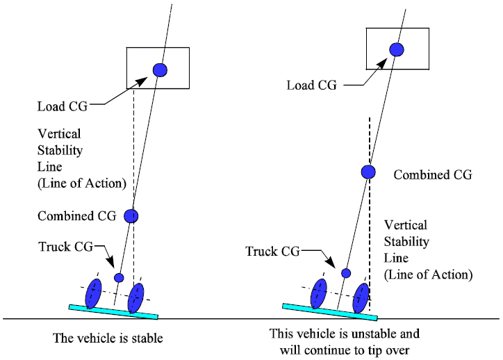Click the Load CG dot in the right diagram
396,49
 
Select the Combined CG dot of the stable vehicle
131,215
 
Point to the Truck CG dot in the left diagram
119,277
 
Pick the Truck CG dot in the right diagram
345,272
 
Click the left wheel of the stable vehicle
94,293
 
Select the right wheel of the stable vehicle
136,298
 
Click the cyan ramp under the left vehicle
113,311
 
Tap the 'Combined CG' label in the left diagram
76,216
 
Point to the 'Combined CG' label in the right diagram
432,175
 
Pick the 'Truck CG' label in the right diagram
272,250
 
